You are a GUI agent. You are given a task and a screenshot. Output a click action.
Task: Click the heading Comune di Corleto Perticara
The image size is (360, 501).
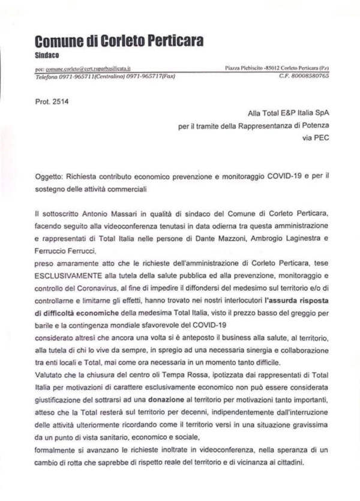pyautogui.click(x=119, y=41)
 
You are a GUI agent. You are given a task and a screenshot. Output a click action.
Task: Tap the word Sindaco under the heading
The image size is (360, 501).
pyautogui.click(x=47, y=56)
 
